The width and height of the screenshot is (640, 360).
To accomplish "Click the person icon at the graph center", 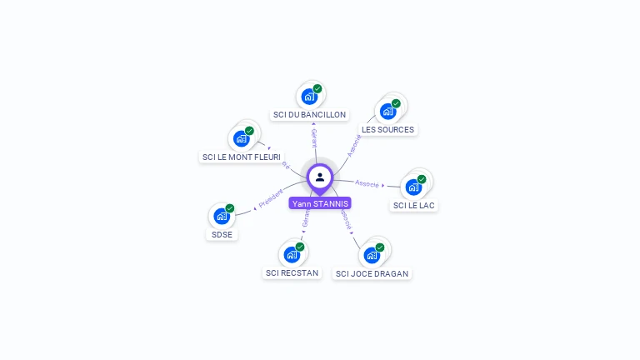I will point(320,177).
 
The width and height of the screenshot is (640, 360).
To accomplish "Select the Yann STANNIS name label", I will point(320,203).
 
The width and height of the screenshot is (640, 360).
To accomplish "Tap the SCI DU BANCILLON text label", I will point(310,114).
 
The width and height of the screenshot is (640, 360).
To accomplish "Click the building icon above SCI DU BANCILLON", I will point(309,96).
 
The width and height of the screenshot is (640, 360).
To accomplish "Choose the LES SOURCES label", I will point(387,129).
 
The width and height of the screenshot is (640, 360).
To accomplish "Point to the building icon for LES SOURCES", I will point(387,111).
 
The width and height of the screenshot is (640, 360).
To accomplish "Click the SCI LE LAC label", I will point(414,205).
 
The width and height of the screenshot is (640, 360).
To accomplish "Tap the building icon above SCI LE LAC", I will point(413,187).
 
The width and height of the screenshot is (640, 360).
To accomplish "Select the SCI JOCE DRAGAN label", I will point(372,273).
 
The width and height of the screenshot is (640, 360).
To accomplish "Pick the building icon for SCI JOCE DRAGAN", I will point(372,254).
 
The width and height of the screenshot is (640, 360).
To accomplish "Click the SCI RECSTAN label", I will point(292,272).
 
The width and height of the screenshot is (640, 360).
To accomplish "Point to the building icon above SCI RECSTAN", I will point(292,253).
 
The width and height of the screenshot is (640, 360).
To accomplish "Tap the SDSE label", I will point(222,234).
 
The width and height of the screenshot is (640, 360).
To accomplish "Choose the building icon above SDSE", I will point(222,216).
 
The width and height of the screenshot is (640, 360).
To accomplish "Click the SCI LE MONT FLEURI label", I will point(242,157).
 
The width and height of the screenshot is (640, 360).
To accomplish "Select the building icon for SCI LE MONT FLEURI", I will point(241,138).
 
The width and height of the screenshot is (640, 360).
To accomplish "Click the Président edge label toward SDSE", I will point(271,198).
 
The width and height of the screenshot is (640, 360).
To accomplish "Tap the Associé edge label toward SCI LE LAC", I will point(367,182).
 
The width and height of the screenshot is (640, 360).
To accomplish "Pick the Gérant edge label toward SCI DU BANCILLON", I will point(314,138).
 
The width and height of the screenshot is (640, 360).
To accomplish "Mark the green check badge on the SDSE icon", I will point(230,208).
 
